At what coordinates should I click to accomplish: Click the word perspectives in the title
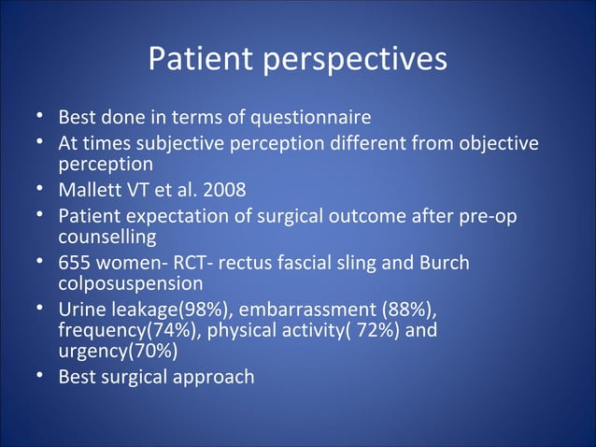point(357,61)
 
